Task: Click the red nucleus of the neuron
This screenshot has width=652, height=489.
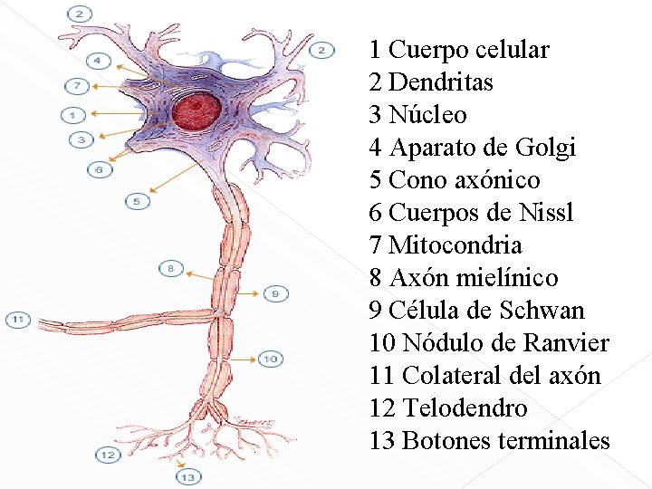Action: pyautogui.click(x=197, y=111)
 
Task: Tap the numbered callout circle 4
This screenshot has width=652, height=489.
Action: pyautogui.click(x=99, y=62)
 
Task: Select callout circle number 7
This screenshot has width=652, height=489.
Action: pyautogui.click(x=78, y=87)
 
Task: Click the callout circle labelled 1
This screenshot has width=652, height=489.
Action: pyautogui.click(x=72, y=115)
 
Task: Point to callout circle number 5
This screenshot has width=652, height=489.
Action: pyautogui.click(x=137, y=201)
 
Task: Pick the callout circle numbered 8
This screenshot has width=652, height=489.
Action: pyautogui.click(x=169, y=268)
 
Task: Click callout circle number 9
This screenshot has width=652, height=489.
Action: pyautogui.click(x=276, y=292)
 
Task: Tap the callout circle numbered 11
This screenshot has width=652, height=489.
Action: pyautogui.click(x=18, y=320)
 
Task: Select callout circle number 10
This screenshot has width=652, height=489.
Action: pyautogui.click(x=270, y=359)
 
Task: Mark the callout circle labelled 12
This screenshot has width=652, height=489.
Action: pyautogui.click(x=108, y=454)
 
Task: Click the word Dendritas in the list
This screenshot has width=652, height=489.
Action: pyautogui.click(x=441, y=82)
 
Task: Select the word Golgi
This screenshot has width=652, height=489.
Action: pyautogui.click(x=544, y=148)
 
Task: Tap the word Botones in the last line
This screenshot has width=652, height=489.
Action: pyautogui.click(x=438, y=441)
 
